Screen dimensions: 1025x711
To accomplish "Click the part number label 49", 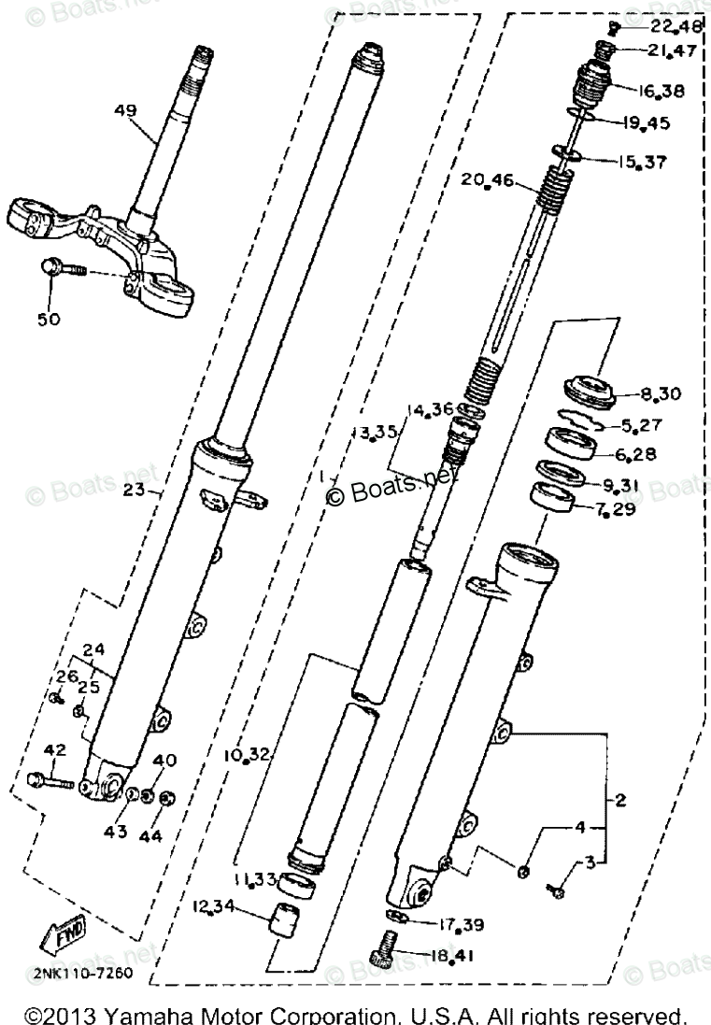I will pos(126,111).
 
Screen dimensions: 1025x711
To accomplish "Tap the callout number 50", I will pos(49,319).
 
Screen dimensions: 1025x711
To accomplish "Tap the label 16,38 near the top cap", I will pos(661,91).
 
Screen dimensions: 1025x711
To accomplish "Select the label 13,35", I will pos(374,431).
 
